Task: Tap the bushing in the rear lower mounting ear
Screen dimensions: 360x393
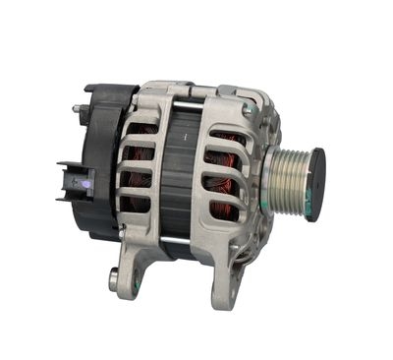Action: click(x=116, y=279)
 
